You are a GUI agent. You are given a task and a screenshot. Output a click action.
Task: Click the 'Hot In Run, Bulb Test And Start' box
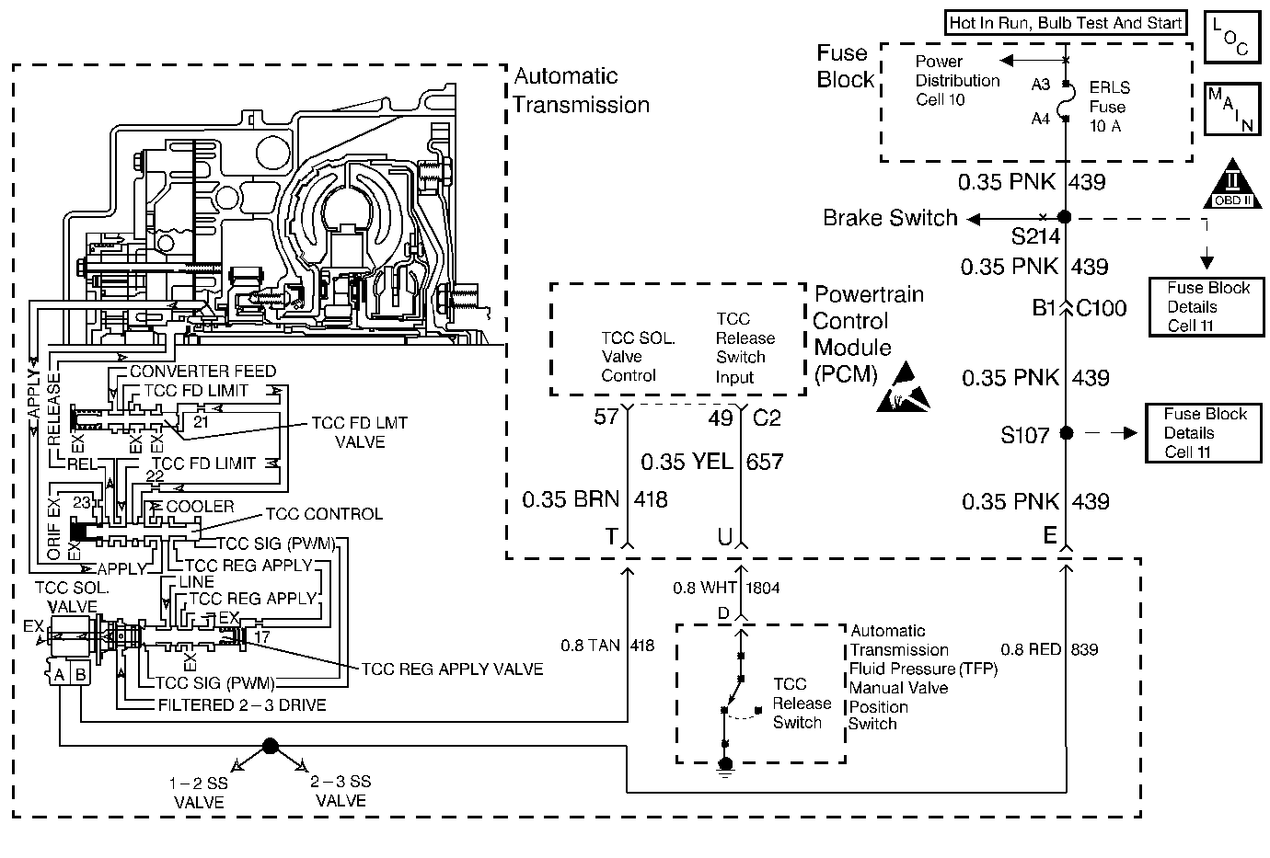[1065, 23]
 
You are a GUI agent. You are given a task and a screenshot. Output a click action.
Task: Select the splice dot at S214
[1065, 218]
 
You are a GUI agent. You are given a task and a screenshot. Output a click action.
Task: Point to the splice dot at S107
[1066, 432]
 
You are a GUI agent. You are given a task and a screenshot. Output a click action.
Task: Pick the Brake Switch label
[890, 218]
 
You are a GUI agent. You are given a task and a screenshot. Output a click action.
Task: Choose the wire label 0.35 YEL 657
[712, 461]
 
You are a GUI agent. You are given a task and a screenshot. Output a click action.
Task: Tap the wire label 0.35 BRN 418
[595, 500]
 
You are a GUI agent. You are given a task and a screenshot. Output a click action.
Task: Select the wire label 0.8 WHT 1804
[727, 588]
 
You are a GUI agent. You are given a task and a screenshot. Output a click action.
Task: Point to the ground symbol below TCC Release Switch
[725, 765]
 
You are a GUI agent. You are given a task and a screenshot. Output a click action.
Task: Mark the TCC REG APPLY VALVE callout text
[452, 669]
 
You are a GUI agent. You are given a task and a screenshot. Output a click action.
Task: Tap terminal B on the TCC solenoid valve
[80, 675]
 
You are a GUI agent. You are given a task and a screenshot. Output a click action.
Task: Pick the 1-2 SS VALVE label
[199, 792]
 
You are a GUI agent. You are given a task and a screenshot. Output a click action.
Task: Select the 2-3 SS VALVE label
[341, 791]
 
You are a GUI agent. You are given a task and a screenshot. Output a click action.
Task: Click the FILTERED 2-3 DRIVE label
[241, 705]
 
